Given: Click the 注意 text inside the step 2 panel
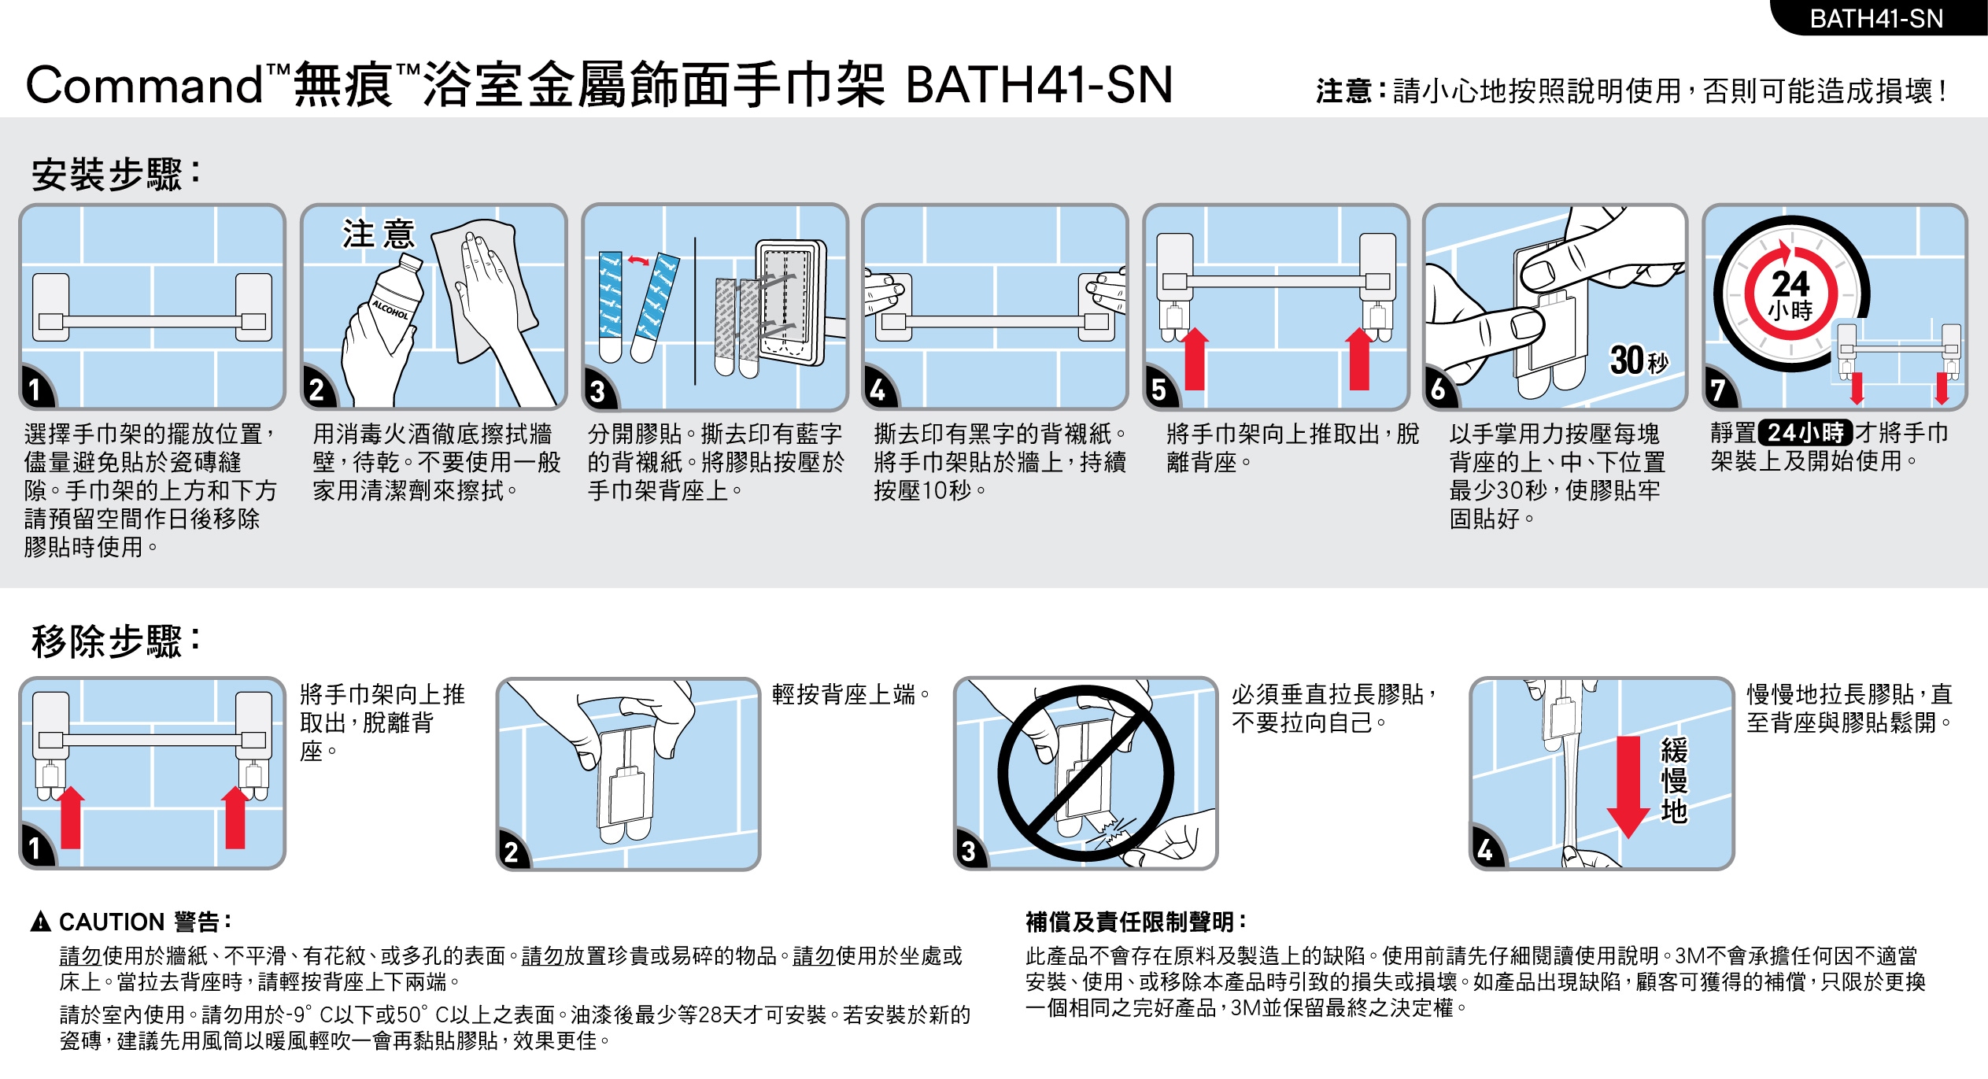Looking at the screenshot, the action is tap(378, 234).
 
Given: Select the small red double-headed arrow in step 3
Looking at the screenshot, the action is tap(638, 260).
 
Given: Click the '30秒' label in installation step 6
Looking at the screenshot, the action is tap(1639, 360).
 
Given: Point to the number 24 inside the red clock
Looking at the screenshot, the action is tap(1791, 283).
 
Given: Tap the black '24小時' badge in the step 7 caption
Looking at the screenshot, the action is tap(1805, 433).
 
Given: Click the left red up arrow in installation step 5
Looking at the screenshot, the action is tap(1195, 359).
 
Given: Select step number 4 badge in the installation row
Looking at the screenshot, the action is tap(878, 390).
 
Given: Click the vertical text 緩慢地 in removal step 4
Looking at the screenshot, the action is tap(1674, 781).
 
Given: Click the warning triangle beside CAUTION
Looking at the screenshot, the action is tap(40, 922).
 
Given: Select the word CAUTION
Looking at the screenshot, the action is tap(112, 922).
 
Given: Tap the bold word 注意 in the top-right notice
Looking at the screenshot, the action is tap(1349, 91).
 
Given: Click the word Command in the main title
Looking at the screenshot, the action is tap(145, 85).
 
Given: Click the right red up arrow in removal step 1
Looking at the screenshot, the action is tap(235, 817).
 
